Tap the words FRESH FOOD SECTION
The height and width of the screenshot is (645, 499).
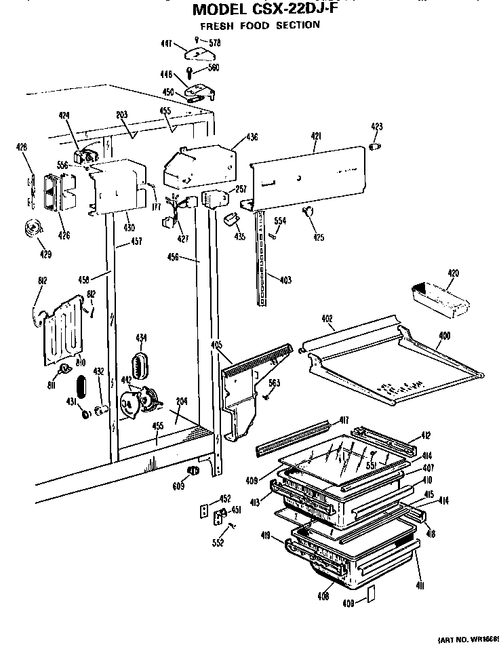click(x=260, y=26)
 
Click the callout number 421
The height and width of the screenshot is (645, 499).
click(x=316, y=137)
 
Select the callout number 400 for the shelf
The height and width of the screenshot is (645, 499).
click(x=444, y=336)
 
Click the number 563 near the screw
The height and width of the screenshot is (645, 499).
click(x=274, y=383)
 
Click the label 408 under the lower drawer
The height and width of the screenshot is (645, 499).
click(x=323, y=596)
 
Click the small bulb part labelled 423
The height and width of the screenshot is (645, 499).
click(x=375, y=146)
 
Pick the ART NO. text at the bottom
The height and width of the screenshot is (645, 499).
click(x=467, y=639)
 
